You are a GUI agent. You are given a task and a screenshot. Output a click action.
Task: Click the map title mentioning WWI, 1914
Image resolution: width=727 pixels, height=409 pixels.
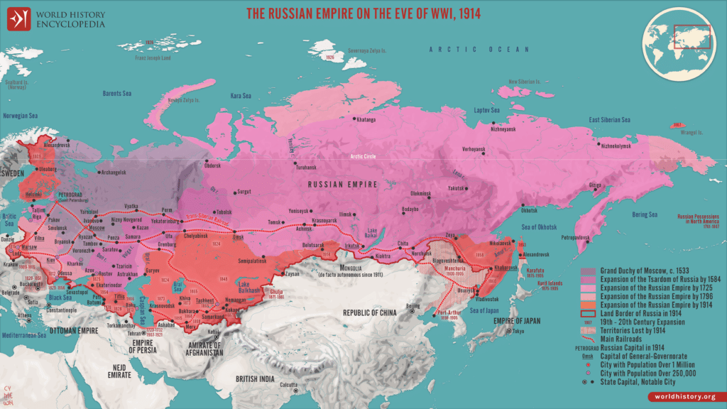click(363, 13)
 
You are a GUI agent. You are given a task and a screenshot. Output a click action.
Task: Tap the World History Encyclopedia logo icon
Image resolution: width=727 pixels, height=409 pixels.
click(18, 18)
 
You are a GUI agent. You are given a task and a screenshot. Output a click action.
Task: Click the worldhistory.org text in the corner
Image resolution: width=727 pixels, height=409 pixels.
click(685, 395)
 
